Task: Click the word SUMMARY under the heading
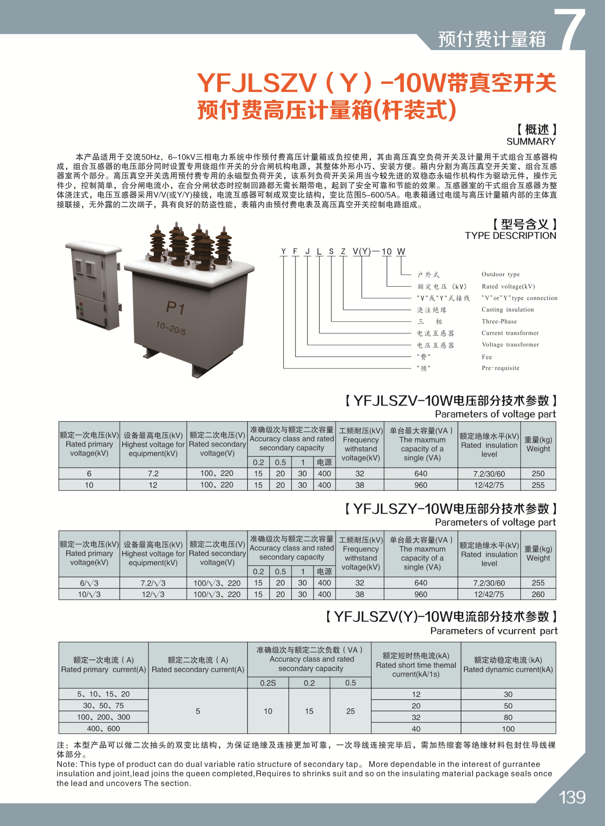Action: click(x=531, y=142)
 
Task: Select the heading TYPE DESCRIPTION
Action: click(x=510, y=236)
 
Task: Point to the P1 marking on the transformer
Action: click(x=176, y=308)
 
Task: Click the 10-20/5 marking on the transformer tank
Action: click(x=171, y=328)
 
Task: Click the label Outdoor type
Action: click(x=500, y=274)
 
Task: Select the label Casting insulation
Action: click(x=508, y=310)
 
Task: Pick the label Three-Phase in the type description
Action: click(x=499, y=321)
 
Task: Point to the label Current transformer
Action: click(x=510, y=333)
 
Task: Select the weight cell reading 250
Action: click(x=538, y=474)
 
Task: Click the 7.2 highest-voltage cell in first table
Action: click(x=153, y=474)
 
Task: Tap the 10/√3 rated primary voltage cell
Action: click(x=89, y=594)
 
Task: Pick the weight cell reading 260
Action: click(x=538, y=594)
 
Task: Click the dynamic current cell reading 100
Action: click(x=508, y=729)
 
